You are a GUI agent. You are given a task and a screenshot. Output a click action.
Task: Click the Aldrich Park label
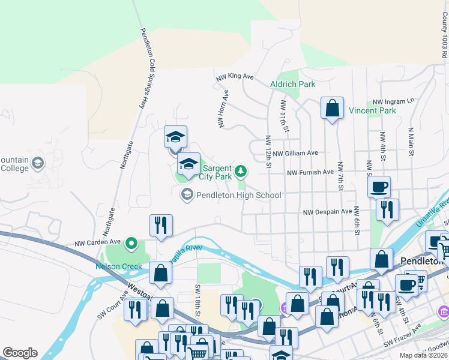pos(292,85)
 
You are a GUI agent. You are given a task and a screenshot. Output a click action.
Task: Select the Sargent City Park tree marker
pos(241,172)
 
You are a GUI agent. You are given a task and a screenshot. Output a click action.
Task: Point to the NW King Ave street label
pos(235,77)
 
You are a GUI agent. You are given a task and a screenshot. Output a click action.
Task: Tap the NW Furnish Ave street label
pos(310,172)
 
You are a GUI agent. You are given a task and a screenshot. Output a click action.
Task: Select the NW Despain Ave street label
pos(327,212)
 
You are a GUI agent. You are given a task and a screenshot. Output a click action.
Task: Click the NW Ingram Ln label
pos(393,101)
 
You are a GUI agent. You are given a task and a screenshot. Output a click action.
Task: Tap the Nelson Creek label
pos(119,266)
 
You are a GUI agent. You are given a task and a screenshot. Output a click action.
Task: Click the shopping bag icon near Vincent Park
pos(332,109)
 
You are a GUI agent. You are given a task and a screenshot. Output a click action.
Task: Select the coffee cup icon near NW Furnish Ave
pos(379,187)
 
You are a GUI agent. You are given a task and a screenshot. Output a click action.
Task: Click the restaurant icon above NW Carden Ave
pos(161,226)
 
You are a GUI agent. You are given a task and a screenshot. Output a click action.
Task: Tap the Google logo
pos(20,353)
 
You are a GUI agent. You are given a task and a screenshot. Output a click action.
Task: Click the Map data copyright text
pos(423,355)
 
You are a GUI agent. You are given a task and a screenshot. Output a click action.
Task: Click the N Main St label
pos(412,142)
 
